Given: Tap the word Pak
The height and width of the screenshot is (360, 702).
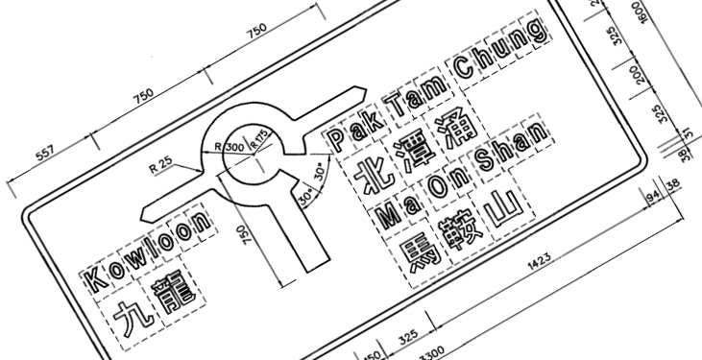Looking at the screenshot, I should [351, 132].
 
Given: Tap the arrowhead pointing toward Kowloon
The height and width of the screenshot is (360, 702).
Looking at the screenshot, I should [154, 208].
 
